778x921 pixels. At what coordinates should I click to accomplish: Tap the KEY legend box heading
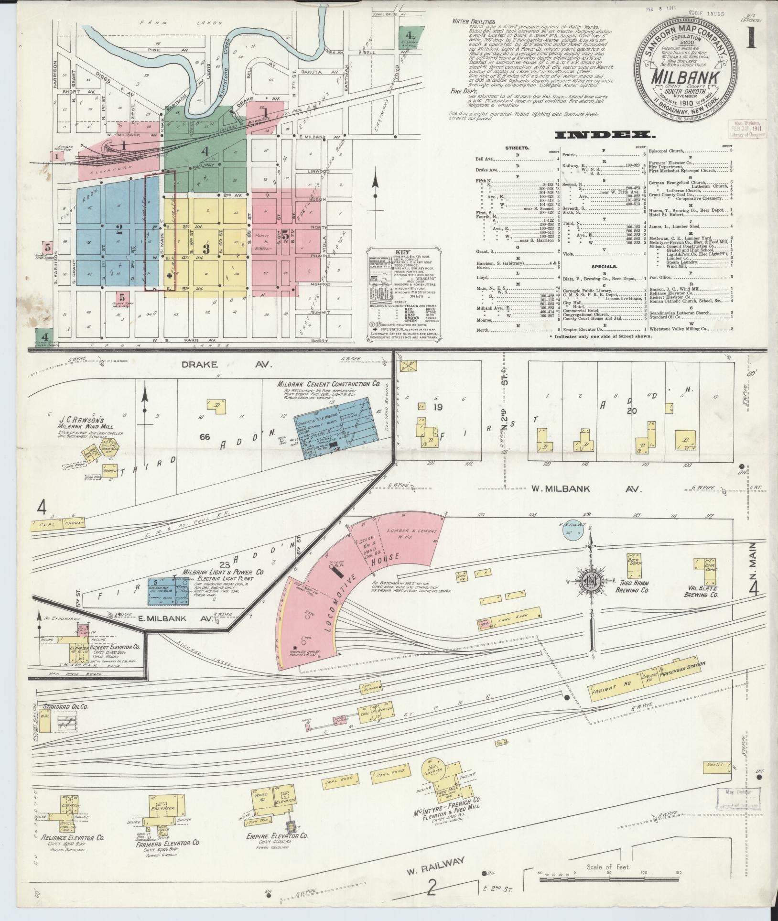[402, 252]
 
